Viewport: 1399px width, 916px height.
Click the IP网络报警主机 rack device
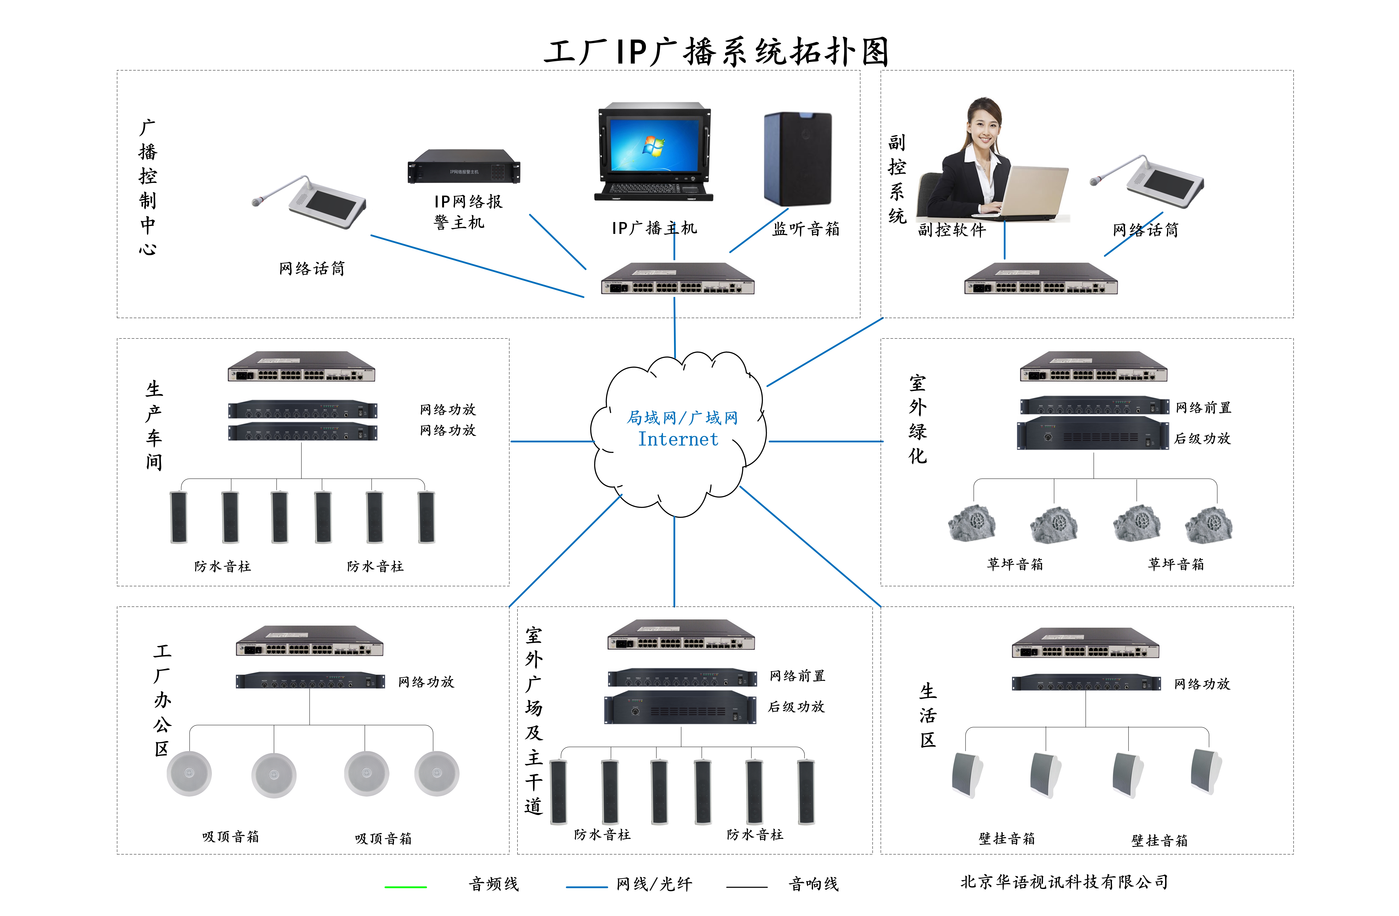coord(464,166)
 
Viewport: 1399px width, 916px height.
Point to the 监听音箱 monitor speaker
coord(798,159)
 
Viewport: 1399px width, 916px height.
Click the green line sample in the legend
coord(406,887)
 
